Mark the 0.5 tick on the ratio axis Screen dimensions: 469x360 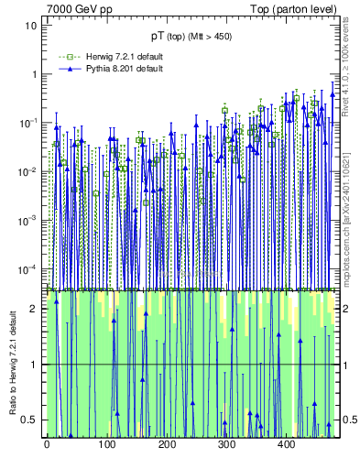(30, 420)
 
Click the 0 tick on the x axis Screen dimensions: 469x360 (47, 444)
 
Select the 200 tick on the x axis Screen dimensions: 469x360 (167, 444)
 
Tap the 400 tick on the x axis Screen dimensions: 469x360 (286, 444)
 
